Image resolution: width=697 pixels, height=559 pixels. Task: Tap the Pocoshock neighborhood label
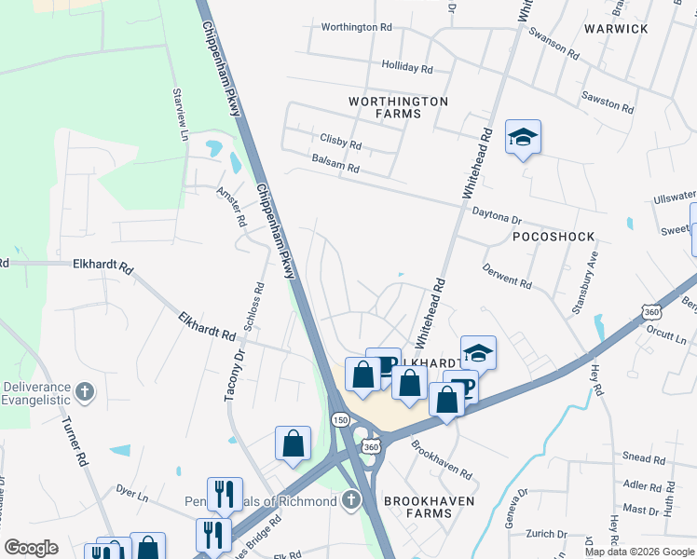[x=553, y=237]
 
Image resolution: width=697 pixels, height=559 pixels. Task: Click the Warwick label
[x=616, y=29]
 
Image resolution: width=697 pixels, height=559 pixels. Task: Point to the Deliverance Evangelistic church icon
[x=85, y=391]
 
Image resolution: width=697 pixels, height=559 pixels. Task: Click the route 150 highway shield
[x=341, y=421]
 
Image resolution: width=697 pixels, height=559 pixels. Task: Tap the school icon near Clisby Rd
[x=523, y=139]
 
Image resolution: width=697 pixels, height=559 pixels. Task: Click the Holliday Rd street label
[x=407, y=68]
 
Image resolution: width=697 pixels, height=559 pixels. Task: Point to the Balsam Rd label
[x=335, y=169]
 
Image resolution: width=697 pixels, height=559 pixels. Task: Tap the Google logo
[x=31, y=548]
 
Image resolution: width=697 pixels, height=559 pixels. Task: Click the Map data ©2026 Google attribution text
[x=638, y=552]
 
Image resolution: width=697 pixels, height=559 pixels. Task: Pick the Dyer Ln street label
[x=131, y=490]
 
